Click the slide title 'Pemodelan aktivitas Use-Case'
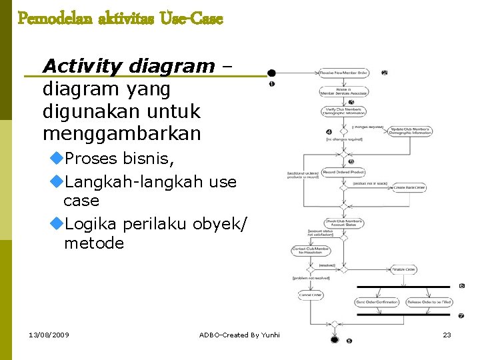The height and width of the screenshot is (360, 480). [120, 18]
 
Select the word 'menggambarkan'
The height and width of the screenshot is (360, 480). [121, 133]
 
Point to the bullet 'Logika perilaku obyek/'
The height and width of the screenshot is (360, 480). [157, 222]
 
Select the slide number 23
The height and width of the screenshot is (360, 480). [447, 335]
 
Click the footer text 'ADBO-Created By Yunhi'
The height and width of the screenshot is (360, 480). [239, 335]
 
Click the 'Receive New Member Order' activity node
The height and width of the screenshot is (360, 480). [343, 72]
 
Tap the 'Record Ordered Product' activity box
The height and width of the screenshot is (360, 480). [343, 173]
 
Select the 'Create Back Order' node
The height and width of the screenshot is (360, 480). [409, 188]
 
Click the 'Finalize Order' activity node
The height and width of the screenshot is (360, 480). [403, 270]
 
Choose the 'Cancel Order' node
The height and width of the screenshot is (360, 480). [311, 295]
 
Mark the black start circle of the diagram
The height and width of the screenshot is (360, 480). [271, 73]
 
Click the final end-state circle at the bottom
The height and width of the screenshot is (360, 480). [335, 339]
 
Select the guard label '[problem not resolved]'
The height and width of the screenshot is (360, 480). [310, 277]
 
